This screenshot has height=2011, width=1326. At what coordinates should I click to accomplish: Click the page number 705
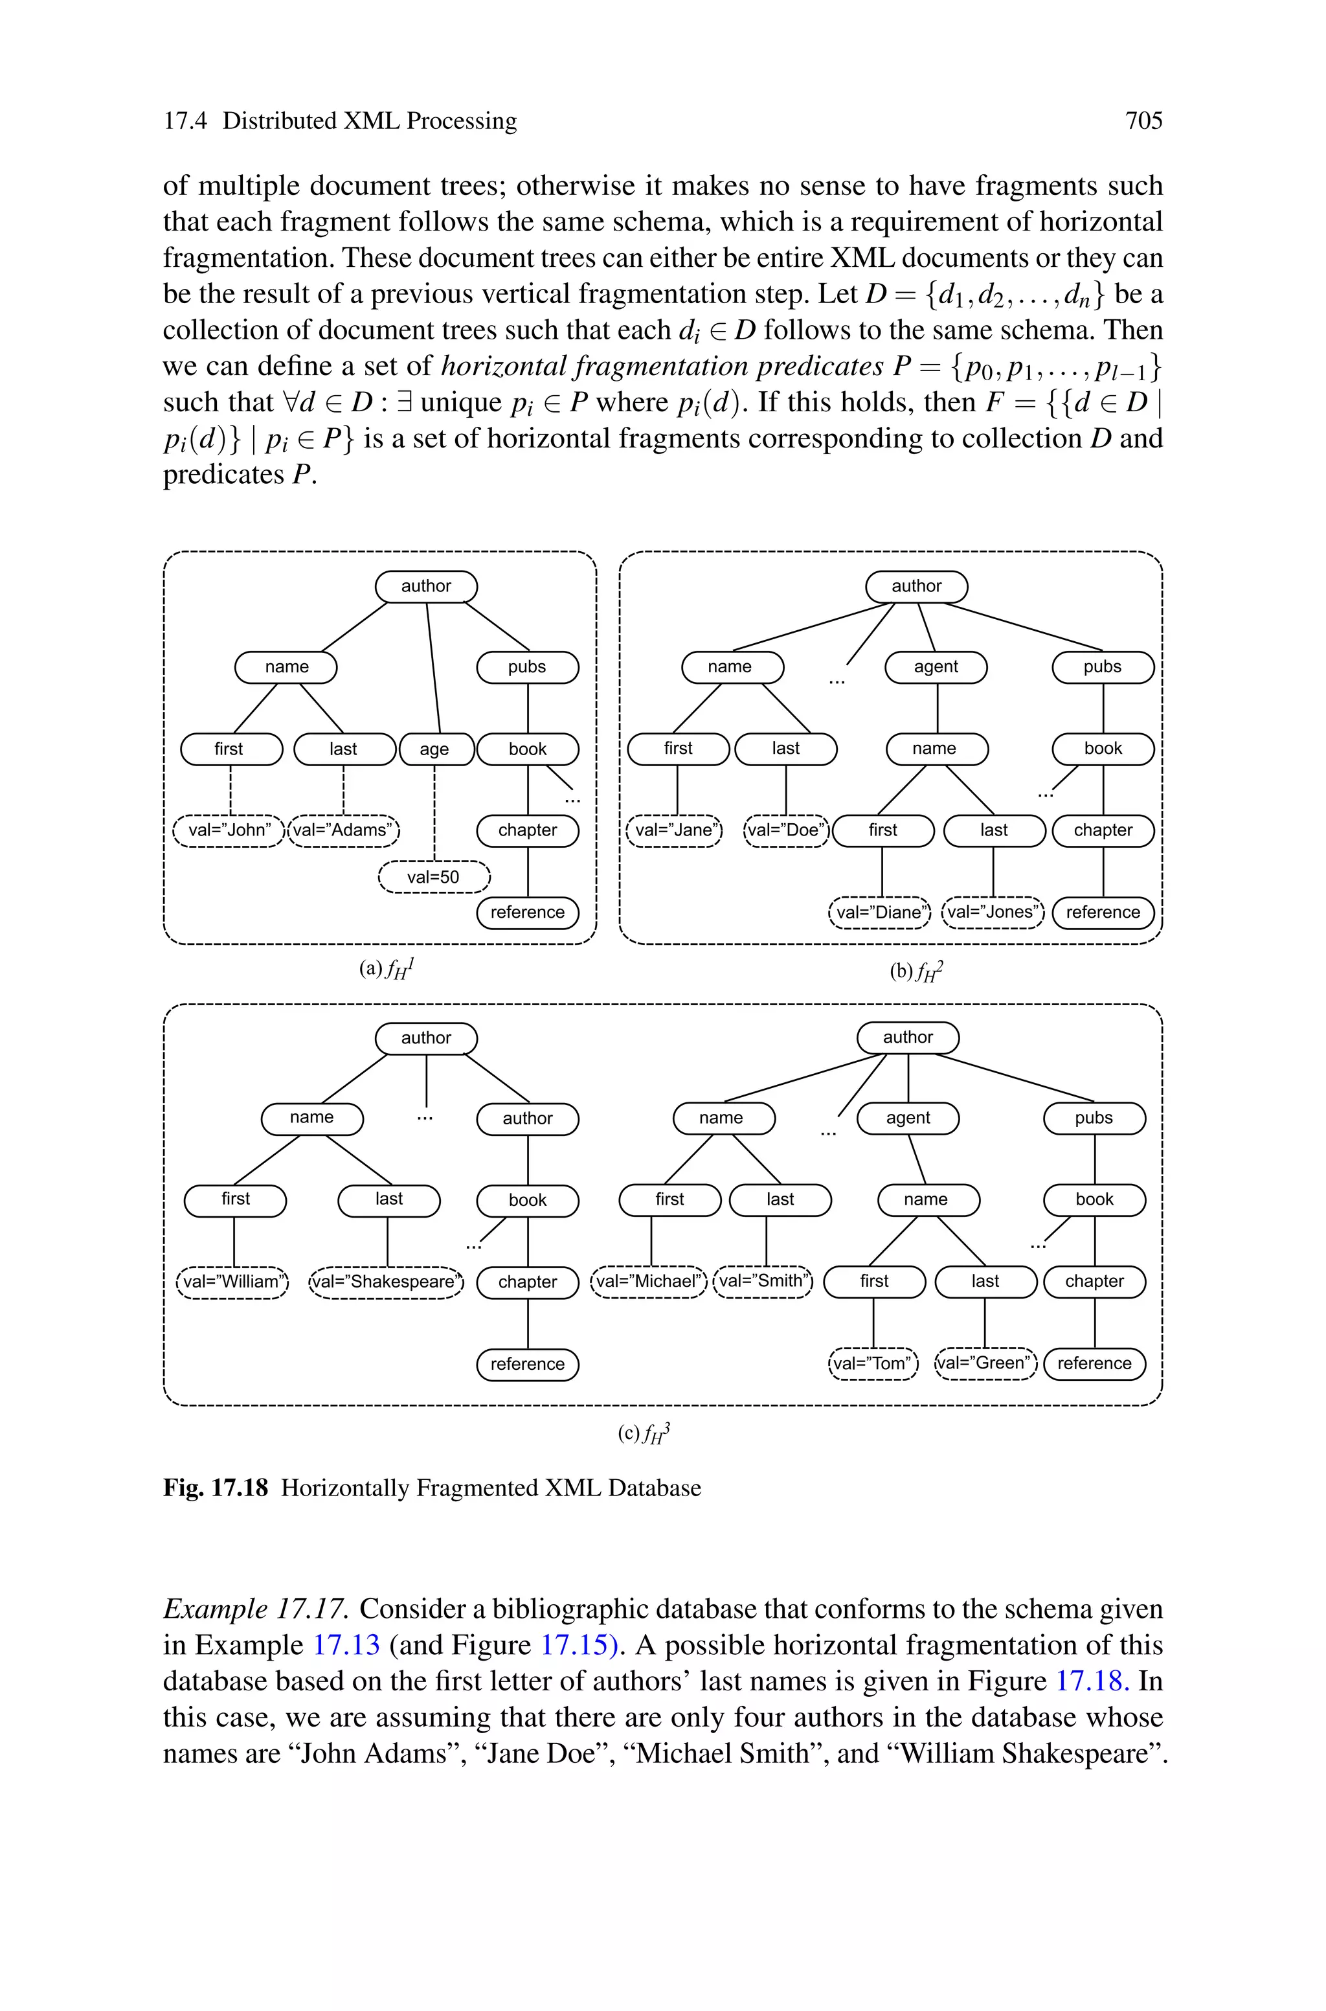coord(1143,121)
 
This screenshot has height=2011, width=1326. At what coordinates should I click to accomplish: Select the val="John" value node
coord(229,830)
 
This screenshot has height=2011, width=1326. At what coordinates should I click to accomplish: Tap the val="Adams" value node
coord(343,830)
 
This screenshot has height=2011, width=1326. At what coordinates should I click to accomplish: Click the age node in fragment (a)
coord(434,749)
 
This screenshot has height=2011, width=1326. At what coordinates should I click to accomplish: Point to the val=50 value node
coord(434,877)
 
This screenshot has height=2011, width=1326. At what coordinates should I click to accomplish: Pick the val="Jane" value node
coord(675,830)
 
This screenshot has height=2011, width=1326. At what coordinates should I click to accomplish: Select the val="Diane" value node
coord(881,912)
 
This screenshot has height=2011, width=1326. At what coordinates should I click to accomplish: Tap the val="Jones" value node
coord(993,912)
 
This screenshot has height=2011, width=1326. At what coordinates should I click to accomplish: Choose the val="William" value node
coord(232,1281)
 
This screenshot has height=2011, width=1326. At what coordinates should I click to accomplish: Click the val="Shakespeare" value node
coord(387,1281)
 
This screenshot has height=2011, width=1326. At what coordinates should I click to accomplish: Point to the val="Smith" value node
coord(763,1280)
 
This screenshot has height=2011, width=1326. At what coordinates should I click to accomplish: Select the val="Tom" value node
coord(873,1363)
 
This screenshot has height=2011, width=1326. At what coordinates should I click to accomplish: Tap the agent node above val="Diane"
coord(936,666)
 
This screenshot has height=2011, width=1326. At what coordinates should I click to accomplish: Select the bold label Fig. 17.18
coord(216,1488)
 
